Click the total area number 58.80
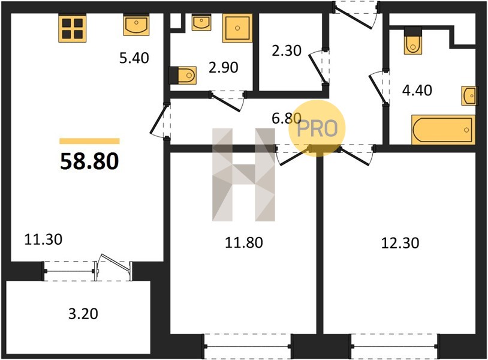pyautogui.click(x=89, y=161)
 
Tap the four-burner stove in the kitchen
pyautogui.click(x=72, y=28)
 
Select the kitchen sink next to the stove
pyautogui.click(x=136, y=25)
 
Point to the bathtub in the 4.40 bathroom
pyautogui.click(x=443, y=130)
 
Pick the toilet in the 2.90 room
pyautogui.click(x=183, y=75)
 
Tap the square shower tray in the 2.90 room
pyautogui.click(x=237, y=28)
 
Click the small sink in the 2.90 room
pyautogui.click(x=201, y=22)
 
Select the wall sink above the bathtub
pyautogui.click(x=469, y=95)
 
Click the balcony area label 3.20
pyautogui.click(x=83, y=314)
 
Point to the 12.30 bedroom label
pyautogui.click(x=400, y=242)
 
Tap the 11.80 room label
pyautogui.click(x=244, y=242)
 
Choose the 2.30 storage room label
pyautogui.click(x=287, y=51)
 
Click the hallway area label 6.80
pyautogui.click(x=287, y=118)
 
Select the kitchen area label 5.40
pyautogui.click(x=134, y=58)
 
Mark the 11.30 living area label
pyautogui.click(x=43, y=239)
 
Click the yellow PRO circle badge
pyautogui.click(x=317, y=128)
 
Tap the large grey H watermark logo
pyautogui.click(x=243, y=175)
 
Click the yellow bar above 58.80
pyautogui.click(x=90, y=141)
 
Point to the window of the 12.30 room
pyautogui.click(x=395, y=346)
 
